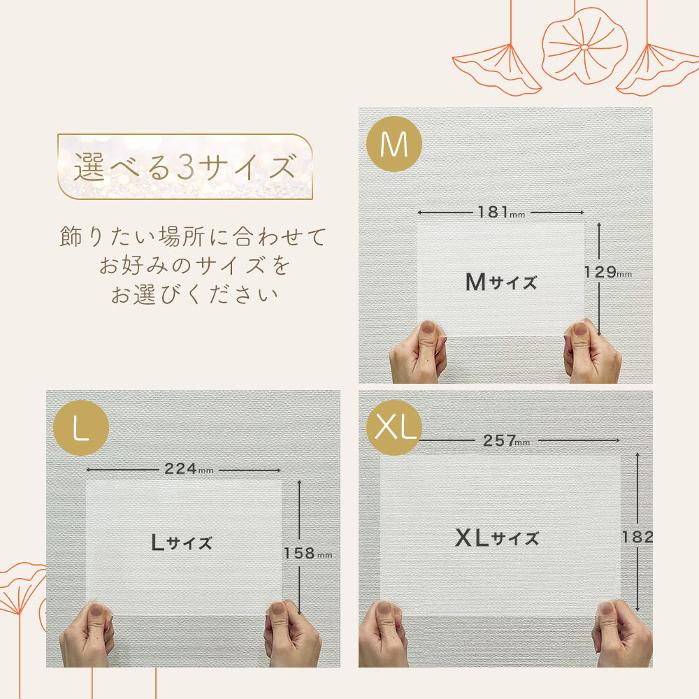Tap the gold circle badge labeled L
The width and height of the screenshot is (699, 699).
[80, 428]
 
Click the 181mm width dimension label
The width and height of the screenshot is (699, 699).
[500, 212]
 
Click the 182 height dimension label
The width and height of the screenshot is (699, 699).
[637, 537]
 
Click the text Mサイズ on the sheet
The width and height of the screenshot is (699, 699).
[501, 282]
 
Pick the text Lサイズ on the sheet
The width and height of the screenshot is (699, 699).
[182, 542]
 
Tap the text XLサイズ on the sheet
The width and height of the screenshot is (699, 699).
[497, 538]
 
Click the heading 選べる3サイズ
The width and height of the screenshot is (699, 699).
[184, 168]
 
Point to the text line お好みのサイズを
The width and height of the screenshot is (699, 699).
[194, 266]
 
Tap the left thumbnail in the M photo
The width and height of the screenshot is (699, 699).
[427, 329]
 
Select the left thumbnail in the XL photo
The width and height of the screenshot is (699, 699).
[384, 610]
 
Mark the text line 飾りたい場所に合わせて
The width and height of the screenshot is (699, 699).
[194, 236]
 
